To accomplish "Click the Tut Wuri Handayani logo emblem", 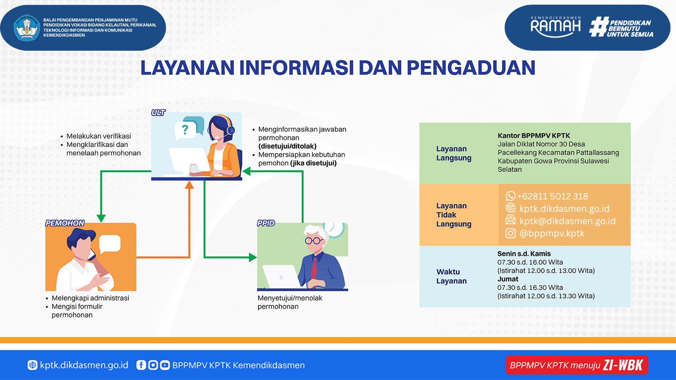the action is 27,28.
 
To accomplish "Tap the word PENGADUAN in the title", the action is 471,68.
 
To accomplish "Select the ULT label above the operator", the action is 158,113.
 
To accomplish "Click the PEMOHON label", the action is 65,223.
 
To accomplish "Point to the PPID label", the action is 266,223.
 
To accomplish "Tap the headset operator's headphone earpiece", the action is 231,130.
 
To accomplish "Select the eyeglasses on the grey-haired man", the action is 314,240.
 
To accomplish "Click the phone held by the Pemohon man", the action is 91,254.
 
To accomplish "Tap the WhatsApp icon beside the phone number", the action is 510,196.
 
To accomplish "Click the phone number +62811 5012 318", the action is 553,196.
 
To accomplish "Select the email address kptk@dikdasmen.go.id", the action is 567,221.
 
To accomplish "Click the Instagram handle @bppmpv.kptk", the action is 552,233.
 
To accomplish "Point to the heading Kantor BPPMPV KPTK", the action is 534,136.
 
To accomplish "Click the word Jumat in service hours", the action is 508,279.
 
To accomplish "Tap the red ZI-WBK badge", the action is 577,365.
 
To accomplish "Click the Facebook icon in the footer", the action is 141,365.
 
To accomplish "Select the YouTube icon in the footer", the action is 165,365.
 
